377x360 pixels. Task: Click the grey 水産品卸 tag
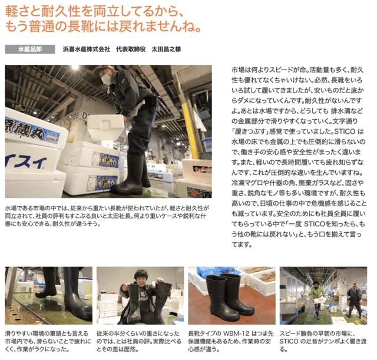point(30,49)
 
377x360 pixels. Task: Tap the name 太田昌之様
point(166,49)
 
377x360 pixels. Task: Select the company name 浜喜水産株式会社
point(87,49)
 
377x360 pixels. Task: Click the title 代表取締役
point(131,49)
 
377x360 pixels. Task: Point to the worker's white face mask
point(106,78)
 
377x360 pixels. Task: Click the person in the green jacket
point(317,298)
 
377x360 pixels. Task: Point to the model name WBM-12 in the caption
point(236,333)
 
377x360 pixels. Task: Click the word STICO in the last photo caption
point(287,341)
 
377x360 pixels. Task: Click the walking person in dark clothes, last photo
point(354,299)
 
